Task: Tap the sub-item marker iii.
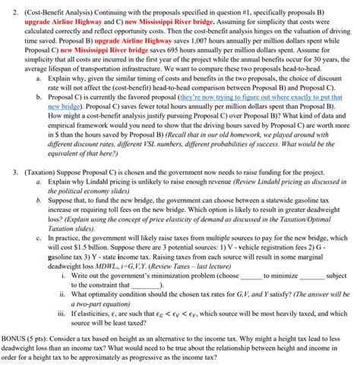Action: [x=62, y=312]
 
